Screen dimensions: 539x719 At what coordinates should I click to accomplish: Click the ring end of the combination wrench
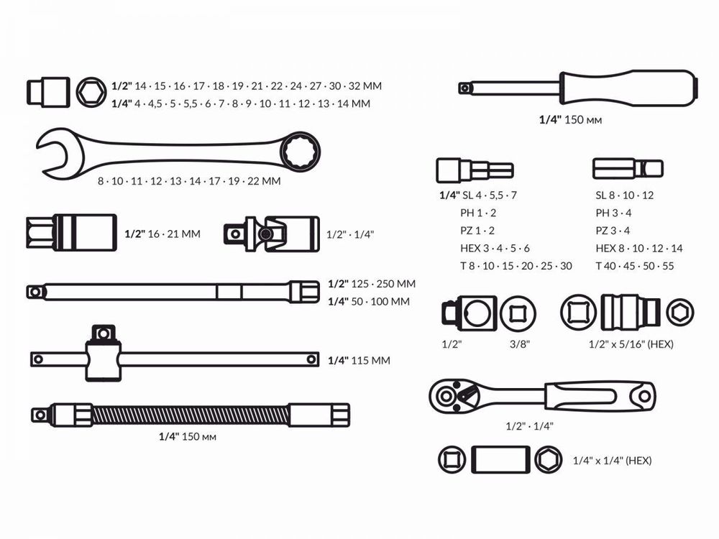pyautogui.click(x=300, y=150)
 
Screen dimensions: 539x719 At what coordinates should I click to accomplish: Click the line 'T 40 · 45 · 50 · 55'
pyautogui.click(x=634, y=266)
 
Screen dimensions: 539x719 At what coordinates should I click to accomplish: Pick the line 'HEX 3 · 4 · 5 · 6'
pyautogui.click(x=495, y=248)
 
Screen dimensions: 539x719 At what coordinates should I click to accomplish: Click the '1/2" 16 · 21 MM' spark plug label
pyautogui.click(x=162, y=234)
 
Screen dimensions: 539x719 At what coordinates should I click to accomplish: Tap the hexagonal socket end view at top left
pyautogui.click(x=91, y=91)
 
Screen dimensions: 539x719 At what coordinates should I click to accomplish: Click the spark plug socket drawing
pyautogui.click(x=70, y=234)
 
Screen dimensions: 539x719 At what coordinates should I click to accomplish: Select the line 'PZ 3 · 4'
pyautogui.click(x=613, y=231)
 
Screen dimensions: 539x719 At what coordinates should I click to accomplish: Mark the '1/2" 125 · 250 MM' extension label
pyautogui.click(x=371, y=284)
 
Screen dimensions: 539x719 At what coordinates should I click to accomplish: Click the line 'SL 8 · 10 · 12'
pyautogui.click(x=624, y=195)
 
